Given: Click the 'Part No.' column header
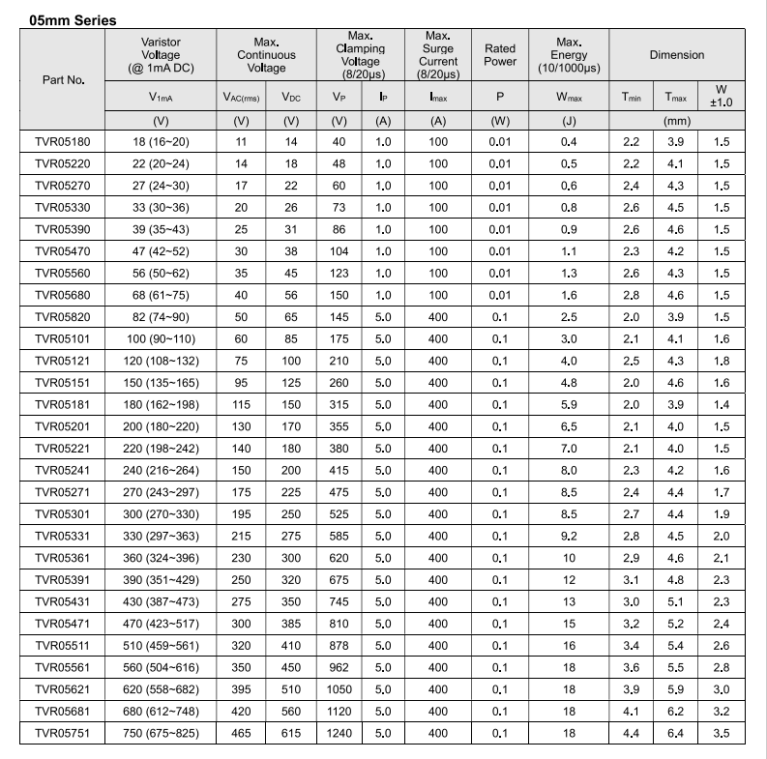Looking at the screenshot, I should click(63, 78).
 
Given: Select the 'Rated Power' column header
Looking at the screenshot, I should click(500, 55).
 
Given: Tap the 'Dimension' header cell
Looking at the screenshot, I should click(677, 55).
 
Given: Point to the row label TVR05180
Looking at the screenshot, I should click(62, 142).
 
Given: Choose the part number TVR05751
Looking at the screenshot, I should click(62, 734).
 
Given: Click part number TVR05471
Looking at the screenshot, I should click(62, 624).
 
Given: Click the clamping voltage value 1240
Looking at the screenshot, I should click(339, 734).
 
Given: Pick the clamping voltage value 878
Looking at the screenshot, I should click(339, 646).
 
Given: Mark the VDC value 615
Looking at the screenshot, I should click(291, 734).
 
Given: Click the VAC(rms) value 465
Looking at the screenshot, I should click(241, 734).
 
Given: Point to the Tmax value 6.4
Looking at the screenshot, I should click(675, 734).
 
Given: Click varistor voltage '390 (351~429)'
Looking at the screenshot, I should click(162, 580).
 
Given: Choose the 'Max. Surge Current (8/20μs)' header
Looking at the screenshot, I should click(438, 55).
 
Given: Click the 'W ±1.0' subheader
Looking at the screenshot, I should click(722, 95).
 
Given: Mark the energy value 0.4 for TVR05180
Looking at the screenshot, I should click(569, 142).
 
